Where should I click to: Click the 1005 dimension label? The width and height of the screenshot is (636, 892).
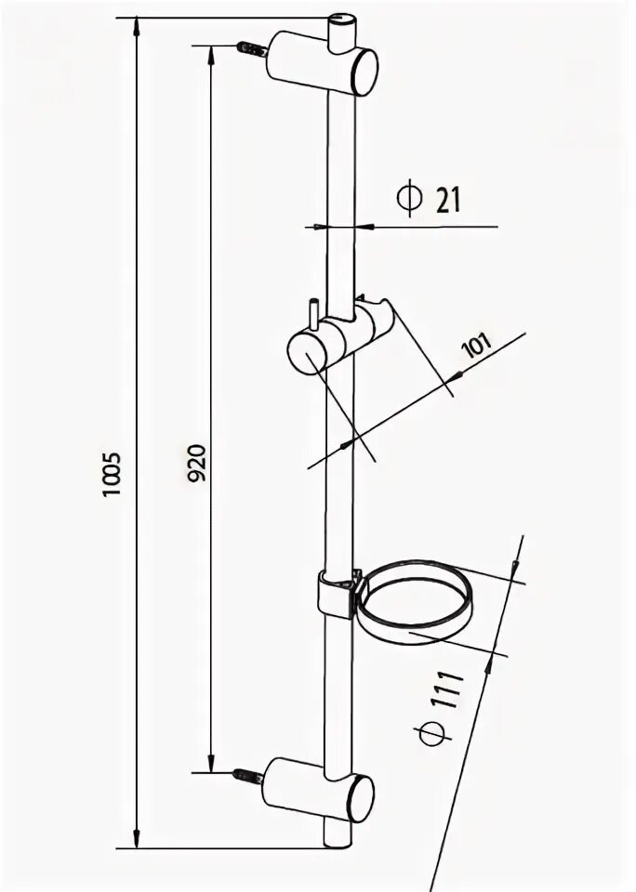[x=113, y=474]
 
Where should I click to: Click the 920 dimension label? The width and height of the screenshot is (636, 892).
[x=196, y=462]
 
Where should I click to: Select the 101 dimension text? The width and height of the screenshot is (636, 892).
[x=476, y=348]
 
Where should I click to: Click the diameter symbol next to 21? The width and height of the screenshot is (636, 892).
[x=408, y=199]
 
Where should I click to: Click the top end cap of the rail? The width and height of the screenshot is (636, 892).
[x=343, y=20]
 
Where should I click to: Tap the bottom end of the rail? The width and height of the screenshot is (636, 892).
[x=338, y=843]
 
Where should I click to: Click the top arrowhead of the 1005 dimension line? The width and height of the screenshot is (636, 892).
[x=138, y=23]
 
